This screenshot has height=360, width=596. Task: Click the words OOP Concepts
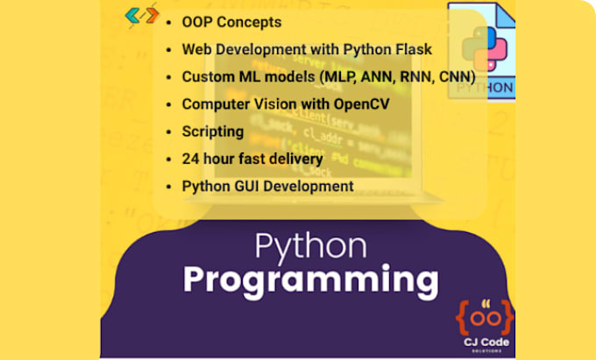(x=231, y=22)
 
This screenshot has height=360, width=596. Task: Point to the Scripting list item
(x=212, y=131)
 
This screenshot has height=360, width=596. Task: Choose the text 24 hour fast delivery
(x=252, y=159)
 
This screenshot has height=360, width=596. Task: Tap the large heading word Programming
(x=310, y=279)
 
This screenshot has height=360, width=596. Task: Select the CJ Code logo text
(x=484, y=342)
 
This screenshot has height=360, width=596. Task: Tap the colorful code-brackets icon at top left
(x=142, y=15)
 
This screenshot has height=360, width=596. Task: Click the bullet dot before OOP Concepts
(x=168, y=22)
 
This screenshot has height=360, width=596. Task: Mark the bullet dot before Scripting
(x=168, y=131)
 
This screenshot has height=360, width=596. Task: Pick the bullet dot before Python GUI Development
(x=168, y=186)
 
